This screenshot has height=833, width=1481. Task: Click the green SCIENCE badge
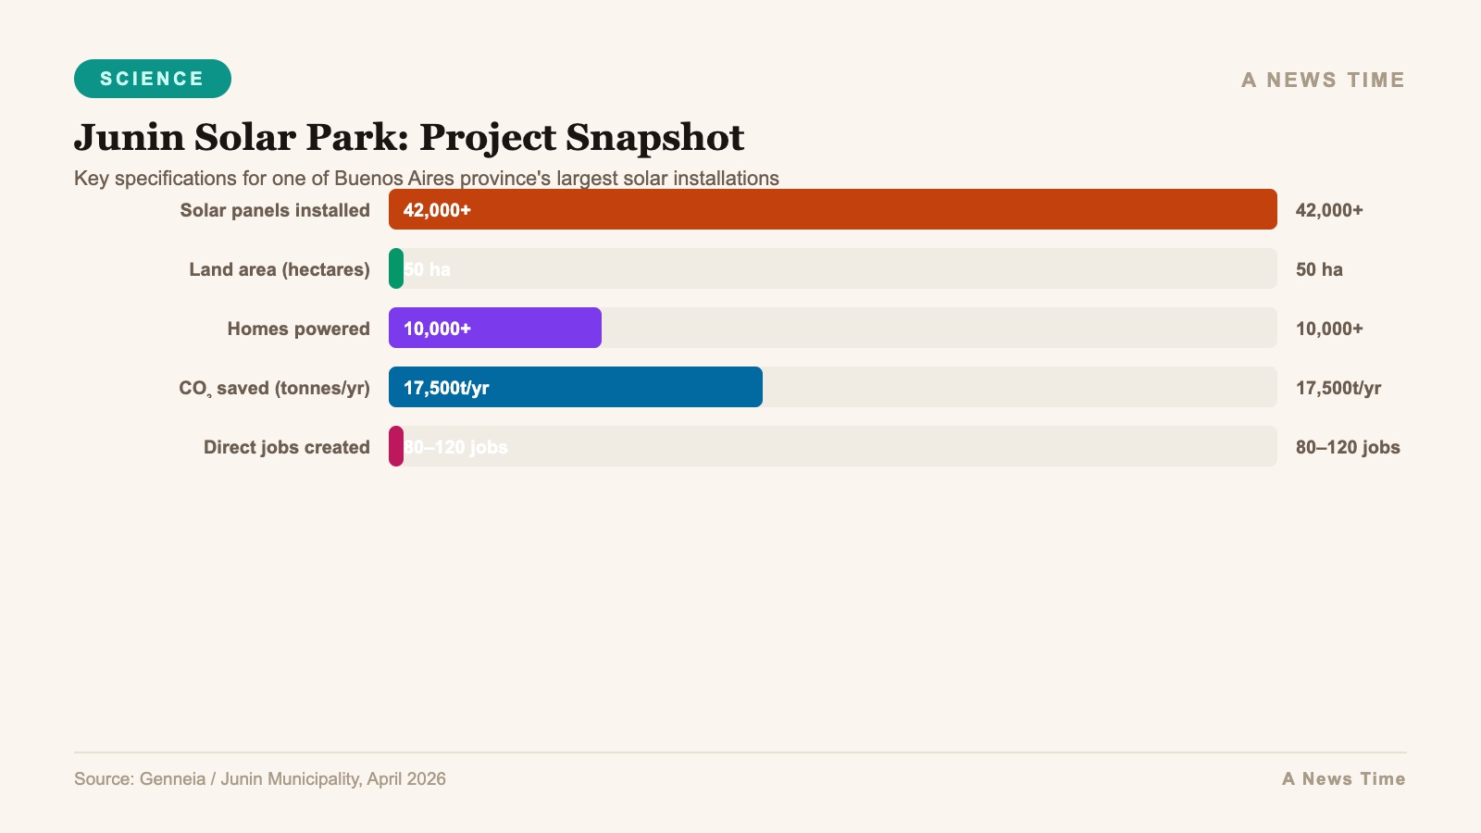coord(153,79)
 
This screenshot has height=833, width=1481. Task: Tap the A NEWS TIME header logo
coord(1323,81)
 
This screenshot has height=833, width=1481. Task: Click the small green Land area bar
coord(396,268)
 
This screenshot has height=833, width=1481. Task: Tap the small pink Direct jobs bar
coord(396,446)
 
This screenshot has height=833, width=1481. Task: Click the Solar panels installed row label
coord(275,210)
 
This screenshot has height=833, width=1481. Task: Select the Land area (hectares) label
coord(280,269)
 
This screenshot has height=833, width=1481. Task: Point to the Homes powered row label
coord(298,329)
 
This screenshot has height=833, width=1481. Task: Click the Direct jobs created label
coord(286,447)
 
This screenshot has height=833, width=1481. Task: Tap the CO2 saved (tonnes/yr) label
coord(274,388)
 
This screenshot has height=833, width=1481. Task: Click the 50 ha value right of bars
coord(1319,269)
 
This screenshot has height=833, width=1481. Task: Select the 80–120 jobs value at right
coord(1348,447)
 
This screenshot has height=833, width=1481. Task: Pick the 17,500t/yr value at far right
coord(1338,388)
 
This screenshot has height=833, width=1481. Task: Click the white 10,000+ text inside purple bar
coord(437,329)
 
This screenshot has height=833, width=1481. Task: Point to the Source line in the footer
coord(260,778)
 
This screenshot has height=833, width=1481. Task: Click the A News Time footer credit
coord(1343,778)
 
